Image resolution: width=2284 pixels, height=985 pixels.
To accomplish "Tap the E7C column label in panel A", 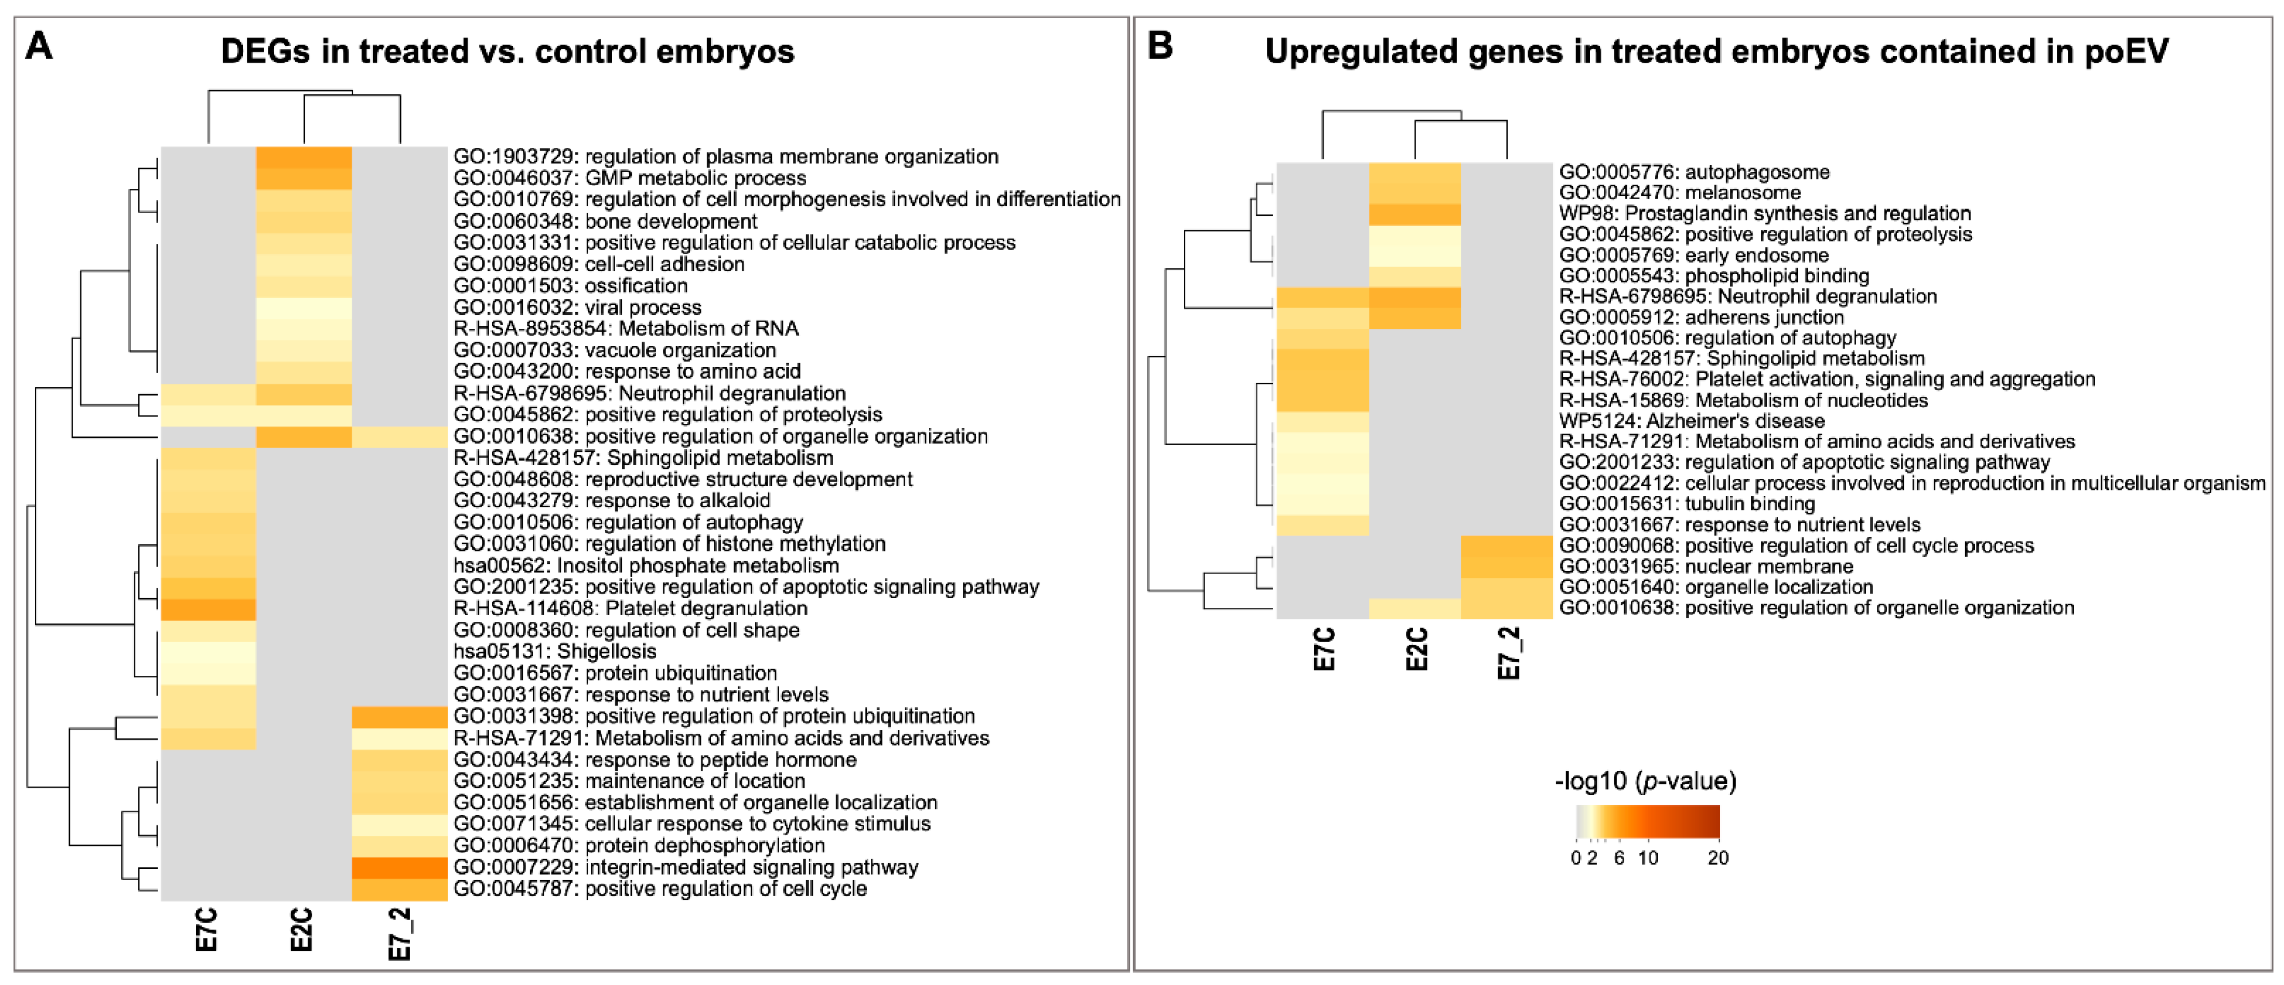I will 206,929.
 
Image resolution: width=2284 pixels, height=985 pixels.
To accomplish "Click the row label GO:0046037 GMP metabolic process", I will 630,177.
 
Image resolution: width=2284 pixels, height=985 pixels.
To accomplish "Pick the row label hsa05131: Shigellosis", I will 555,651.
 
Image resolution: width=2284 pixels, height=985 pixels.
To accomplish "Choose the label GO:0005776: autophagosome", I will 1694,172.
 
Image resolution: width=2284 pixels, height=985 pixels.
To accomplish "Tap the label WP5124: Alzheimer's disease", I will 1692,420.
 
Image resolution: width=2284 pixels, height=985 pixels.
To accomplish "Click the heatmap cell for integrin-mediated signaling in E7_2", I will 399,867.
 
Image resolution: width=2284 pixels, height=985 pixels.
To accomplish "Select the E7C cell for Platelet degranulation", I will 209,609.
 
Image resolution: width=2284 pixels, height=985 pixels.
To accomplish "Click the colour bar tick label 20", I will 1718,857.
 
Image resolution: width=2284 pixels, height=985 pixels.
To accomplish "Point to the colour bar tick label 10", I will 1648,857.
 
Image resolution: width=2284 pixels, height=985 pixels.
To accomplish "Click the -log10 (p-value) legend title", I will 1645,781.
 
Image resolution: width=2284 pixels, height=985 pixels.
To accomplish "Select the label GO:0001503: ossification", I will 570,285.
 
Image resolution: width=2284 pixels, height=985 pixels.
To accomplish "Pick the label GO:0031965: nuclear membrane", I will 1706,566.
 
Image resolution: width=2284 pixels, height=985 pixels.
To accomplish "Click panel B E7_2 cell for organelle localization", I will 1506,587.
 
